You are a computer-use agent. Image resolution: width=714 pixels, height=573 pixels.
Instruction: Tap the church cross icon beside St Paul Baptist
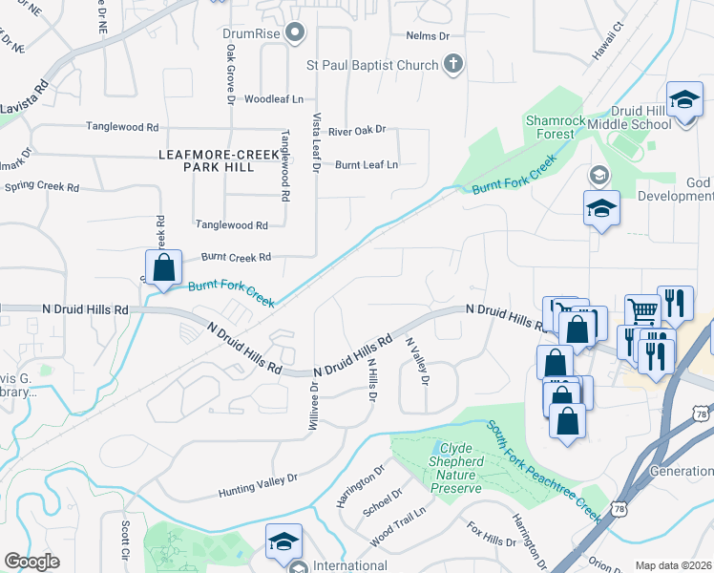click(453, 65)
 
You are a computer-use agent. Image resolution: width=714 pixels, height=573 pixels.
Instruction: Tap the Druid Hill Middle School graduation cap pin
click(684, 101)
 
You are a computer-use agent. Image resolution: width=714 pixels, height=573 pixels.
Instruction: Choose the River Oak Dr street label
click(356, 130)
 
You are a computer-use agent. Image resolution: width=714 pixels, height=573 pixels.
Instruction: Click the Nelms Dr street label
click(427, 35)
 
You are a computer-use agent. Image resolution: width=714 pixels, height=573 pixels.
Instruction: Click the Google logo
click(31, 561)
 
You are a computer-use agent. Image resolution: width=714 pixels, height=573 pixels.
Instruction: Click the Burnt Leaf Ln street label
click(366, 164)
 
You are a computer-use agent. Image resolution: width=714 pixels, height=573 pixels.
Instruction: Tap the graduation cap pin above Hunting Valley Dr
click(283, 541)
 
